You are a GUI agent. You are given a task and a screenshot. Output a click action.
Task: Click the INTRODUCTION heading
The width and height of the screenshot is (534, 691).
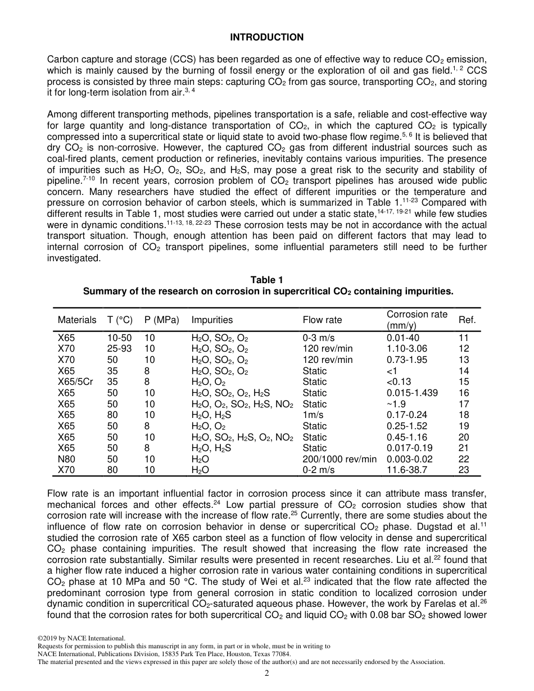click(266, 37)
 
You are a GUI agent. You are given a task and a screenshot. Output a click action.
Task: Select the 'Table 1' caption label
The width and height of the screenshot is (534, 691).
click(266, 280)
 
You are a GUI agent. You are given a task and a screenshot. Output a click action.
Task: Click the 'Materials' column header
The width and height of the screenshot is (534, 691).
click(77, 320)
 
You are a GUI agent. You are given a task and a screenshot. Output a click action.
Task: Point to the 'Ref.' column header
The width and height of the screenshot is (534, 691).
click(467, 320)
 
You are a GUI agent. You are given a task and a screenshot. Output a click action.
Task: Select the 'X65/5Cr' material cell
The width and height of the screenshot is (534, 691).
click(75, 382)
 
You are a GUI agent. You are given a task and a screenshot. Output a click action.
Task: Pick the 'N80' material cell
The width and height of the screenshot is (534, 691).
click(66, 459)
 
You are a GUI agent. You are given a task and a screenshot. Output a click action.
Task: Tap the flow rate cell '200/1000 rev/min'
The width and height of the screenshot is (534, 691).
click(340, 459)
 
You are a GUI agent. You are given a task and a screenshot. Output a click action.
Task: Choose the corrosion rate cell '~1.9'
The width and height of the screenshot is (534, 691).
click(396, 404)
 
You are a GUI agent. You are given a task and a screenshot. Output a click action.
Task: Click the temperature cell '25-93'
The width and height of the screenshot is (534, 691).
click(119, 349)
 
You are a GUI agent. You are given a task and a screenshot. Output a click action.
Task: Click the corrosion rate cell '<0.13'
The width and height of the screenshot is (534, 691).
click(399, 382)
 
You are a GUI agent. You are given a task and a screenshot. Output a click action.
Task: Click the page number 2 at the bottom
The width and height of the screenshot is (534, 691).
click(267, 674)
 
